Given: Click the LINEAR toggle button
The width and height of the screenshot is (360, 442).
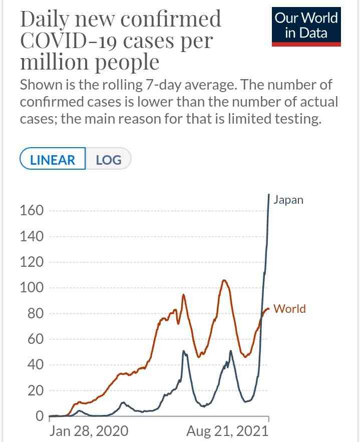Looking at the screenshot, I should click(53, 160).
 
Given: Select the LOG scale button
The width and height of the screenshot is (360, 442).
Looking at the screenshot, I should click(109, 160).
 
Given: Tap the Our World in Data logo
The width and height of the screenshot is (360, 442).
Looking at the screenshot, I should click(306, 26).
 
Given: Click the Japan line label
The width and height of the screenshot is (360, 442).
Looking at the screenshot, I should click(288, 200).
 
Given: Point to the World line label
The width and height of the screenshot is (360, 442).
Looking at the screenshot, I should click(289, 309).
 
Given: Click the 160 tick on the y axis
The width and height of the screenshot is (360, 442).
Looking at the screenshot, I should click(32, 210).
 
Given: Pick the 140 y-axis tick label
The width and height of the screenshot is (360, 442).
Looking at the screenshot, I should click(32, 236).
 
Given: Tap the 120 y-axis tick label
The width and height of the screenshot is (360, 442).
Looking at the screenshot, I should click(32, 262).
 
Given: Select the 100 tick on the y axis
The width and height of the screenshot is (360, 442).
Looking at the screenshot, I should click(32, 288).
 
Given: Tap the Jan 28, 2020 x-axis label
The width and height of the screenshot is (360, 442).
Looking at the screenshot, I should click(89, 431).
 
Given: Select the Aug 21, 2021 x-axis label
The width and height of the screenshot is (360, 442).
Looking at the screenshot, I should click(227, 431).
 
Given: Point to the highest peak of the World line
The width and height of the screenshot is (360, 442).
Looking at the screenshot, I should click(224, 280).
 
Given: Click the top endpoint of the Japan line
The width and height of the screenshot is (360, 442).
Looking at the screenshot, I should click(269, 194).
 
